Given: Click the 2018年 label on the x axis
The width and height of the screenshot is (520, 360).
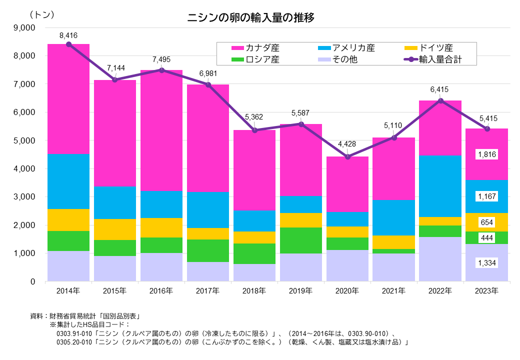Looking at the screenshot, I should click(x=254, y=290).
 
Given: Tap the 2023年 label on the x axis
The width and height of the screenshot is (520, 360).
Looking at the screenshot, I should click(x=486, y=290).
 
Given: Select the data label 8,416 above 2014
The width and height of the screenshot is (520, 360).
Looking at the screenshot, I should click(x=68, y=35).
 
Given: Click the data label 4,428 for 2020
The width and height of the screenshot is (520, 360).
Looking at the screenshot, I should click(x=347, y=144).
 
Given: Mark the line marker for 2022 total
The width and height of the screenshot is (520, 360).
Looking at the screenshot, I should click(x=440, y=101).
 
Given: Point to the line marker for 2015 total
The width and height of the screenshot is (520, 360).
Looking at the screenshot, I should click(x=115, y=80).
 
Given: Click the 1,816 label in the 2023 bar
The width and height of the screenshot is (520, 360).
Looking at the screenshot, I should click(x=486, y=154).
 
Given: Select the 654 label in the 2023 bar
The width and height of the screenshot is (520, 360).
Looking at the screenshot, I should click(x=486, y=222).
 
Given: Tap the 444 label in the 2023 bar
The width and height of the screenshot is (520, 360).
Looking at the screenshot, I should click(x=486, y=238).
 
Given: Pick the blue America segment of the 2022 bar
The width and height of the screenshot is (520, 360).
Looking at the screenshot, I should click(x=440, y=186).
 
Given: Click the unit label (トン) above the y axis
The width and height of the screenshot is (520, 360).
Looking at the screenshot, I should click(x=42, y=14).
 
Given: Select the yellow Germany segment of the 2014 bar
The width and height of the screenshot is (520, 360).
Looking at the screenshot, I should click(x=68, y=219).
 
